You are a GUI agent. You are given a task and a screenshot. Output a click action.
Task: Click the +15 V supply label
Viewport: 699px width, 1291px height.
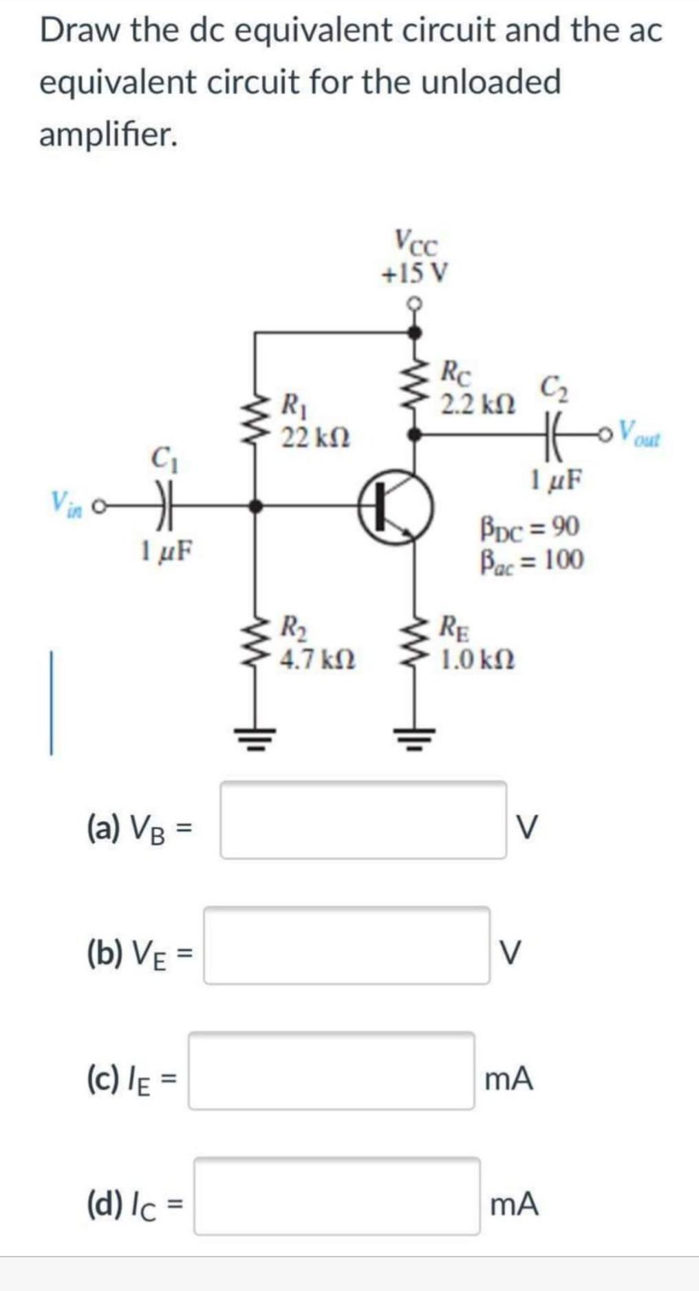[415, 273]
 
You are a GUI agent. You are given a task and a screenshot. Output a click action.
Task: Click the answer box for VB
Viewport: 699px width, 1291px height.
[363, 820]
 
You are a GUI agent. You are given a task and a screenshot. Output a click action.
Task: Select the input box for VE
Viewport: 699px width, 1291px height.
[347, 946]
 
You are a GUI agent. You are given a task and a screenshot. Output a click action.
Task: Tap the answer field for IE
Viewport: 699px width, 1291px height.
[332, 1071]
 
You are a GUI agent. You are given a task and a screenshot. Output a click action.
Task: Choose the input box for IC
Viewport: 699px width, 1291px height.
[337, 1196]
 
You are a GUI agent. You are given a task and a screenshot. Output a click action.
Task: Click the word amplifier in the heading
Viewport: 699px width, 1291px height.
[108, 134]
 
